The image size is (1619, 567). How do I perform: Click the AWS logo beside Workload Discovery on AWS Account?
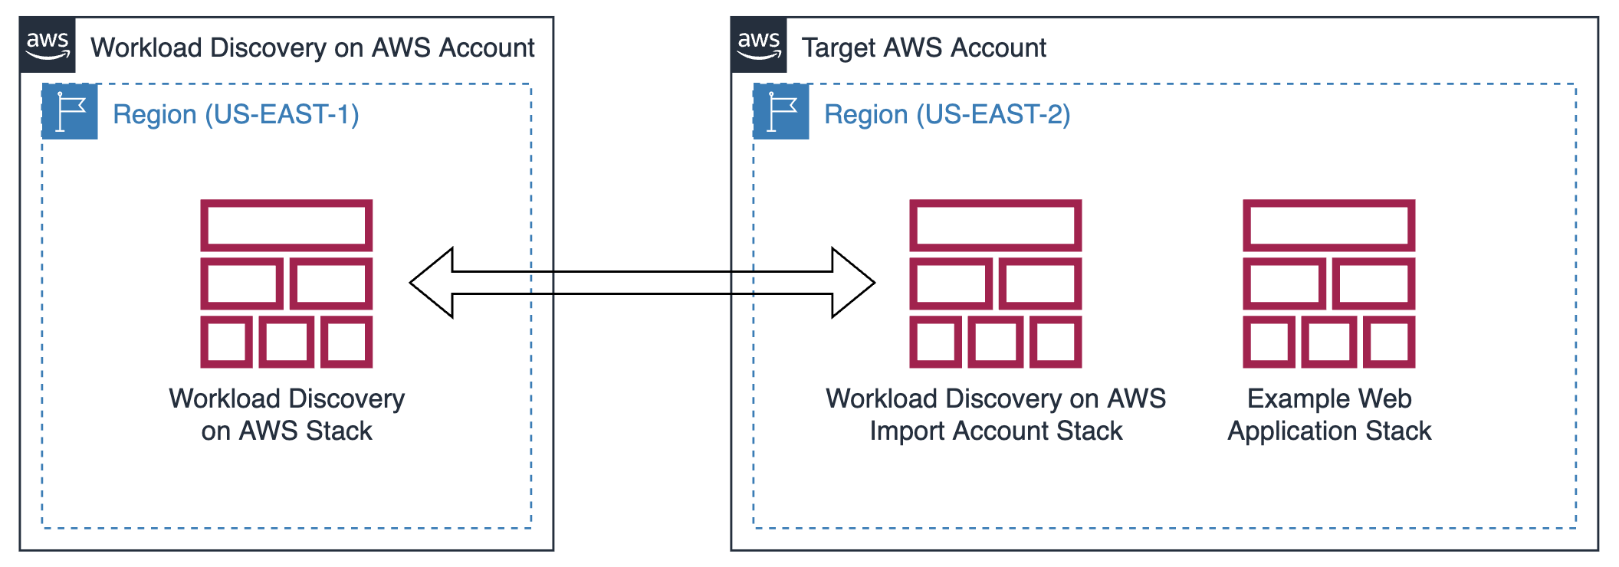[48, 45]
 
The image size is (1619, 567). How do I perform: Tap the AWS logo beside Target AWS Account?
[759, 45]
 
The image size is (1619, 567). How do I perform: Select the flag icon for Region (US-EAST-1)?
[70, 112]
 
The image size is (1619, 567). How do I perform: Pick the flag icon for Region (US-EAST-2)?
[781, 112]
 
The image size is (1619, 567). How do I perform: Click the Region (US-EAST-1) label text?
[235, 115]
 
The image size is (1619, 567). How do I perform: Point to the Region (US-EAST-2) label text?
[947, 115]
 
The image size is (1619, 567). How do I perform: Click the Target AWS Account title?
[924, 48]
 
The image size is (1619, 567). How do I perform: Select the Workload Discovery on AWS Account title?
[312, 48]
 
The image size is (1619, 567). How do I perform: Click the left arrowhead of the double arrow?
[432, 283]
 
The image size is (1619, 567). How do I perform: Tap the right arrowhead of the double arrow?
[853, 283]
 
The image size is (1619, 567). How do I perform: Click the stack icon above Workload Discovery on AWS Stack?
[287, 283]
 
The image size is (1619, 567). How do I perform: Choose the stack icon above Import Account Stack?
[995, 283]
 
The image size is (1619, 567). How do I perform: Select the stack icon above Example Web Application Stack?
[1328, 283]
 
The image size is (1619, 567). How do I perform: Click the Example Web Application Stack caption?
[1329, 415]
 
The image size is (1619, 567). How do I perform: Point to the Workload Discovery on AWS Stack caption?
[287, 415]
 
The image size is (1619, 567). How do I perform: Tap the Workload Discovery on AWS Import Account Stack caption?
[995, 415]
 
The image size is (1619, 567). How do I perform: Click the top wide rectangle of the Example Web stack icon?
[1328, 225]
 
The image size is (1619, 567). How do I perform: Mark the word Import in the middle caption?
[908, 431]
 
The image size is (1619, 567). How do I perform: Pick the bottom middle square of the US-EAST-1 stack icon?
[287, 342]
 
